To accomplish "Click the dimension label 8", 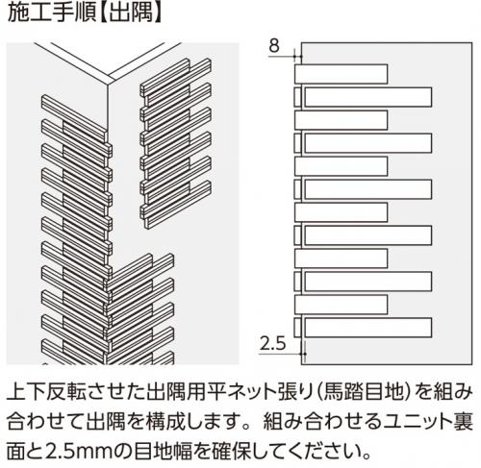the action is tap(274, 45).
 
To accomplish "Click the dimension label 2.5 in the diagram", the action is tap(272, 343).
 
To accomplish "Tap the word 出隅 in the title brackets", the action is tap(131, 12).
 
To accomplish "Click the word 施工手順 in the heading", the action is tap(51, 12).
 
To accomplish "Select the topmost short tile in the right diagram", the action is tap(341, 74).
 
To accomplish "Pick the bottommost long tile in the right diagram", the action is tap(368, 328).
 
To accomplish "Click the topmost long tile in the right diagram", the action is tap(368, 97).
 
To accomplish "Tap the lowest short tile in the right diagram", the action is tap(341, 305).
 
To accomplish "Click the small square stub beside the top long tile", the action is tap(298, 97).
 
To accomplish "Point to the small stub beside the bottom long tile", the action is tap(298, 328).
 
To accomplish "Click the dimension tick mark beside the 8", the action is tap(298, 57).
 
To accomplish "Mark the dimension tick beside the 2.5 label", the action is tap(303, 354).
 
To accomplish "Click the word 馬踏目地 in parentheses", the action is tap(365, 391).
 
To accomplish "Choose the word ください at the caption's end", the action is tap(327, 451).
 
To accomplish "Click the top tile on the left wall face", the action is tap(74, 116).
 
